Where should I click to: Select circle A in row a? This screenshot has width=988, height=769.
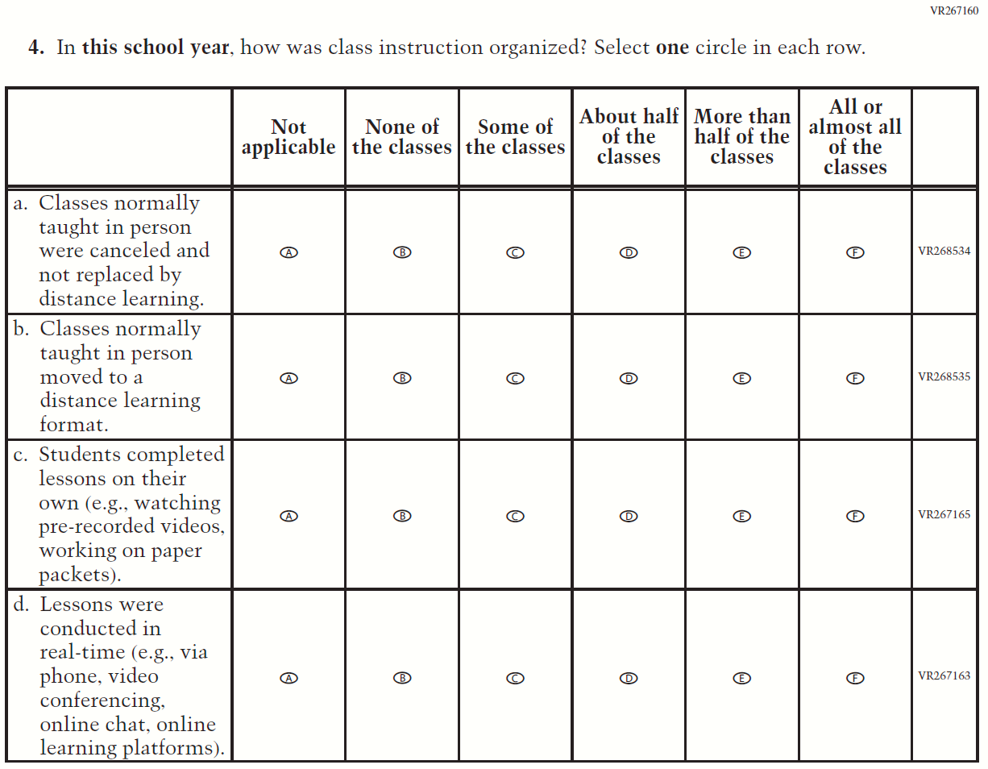pos(289,252)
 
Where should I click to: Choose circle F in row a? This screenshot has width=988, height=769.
pos(855,252)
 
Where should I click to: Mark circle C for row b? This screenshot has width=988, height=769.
pos(516,378)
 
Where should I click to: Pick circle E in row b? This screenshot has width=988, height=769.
pos(742,378)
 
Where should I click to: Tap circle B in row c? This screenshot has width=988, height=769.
pos(402,516)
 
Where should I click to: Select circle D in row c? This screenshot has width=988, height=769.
pos(629,516)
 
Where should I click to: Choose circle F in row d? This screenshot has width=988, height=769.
pos(855,678)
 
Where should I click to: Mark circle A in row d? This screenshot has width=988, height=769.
pos(289,678)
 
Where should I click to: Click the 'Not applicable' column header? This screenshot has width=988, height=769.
pos(289,137)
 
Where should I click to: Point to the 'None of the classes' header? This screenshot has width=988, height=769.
pos(402,137)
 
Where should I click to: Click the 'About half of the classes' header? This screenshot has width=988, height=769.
pos(629,137)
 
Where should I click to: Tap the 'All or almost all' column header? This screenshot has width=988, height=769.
pos(855,137)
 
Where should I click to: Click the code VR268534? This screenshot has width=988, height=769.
pos(944,251)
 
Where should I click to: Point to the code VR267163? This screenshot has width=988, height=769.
pos(944,676)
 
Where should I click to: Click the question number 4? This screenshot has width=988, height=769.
pos(35,48)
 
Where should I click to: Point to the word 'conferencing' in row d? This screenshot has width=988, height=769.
pos(102,700)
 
